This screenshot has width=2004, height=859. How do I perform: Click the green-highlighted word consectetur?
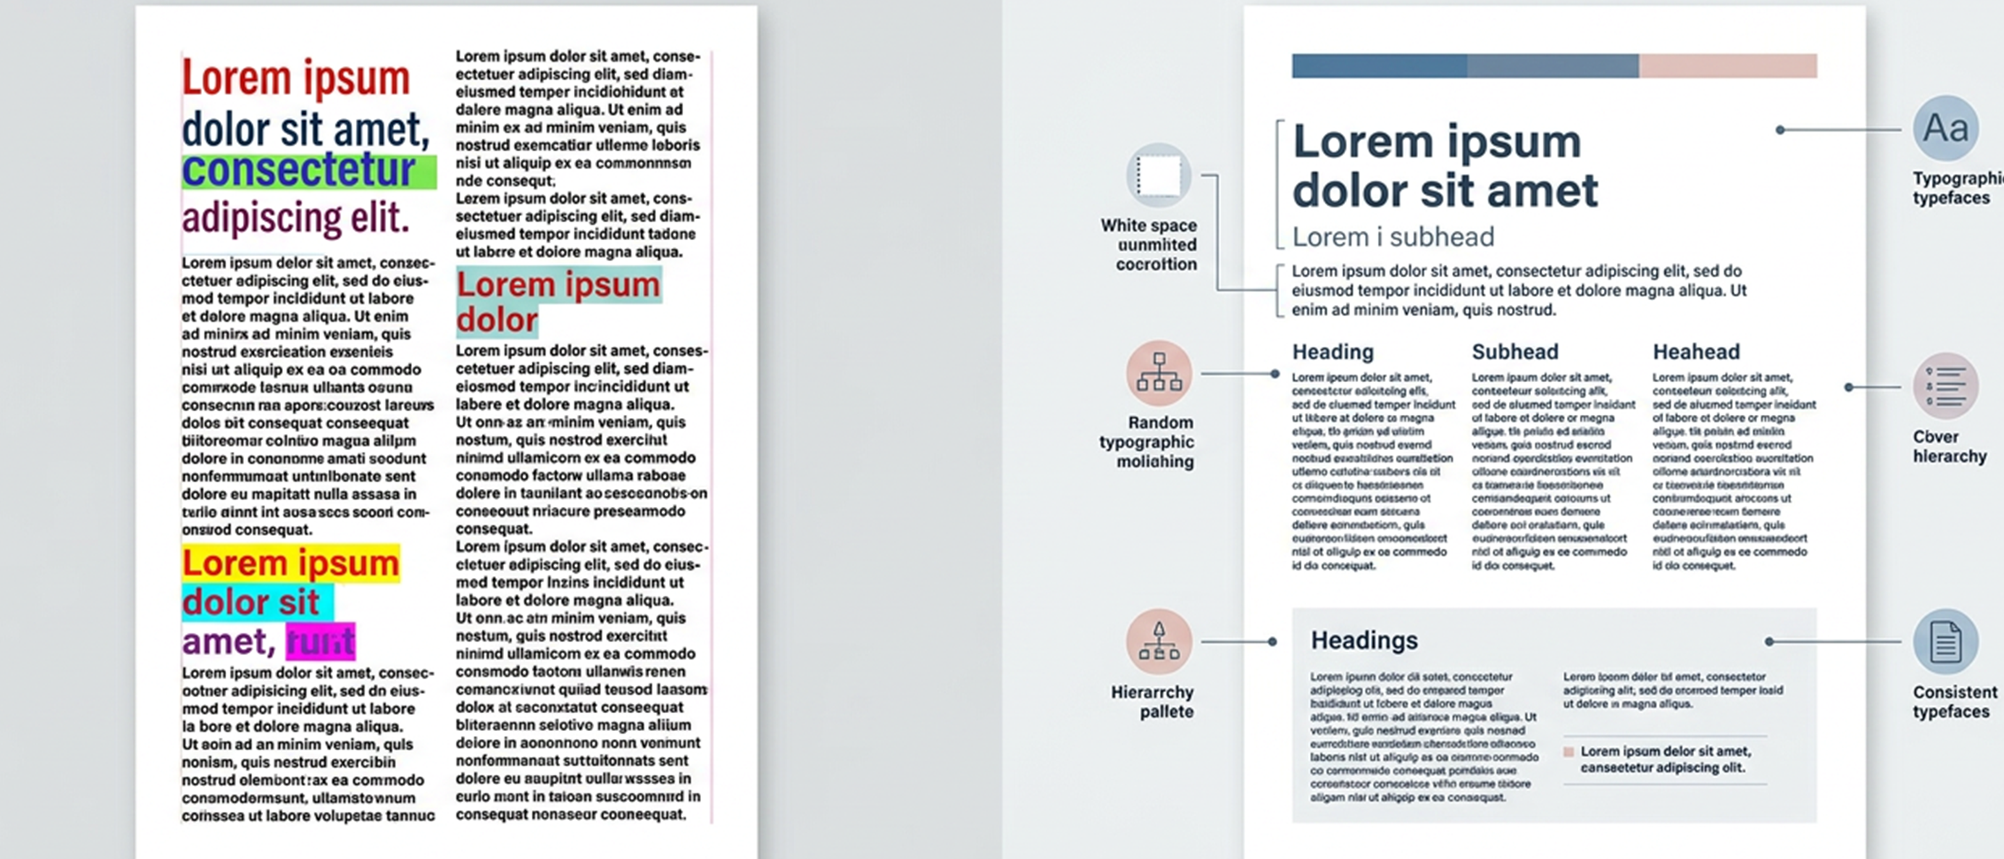click(300, 171)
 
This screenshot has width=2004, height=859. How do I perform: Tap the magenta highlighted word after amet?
click(321, 642)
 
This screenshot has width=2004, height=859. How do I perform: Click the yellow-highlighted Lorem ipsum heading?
click(290, 562)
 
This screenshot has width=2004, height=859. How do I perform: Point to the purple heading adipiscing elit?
click(296, 217)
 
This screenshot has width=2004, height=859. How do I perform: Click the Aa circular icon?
click(1945, 128)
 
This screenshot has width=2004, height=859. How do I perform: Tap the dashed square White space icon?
click(1159, 175)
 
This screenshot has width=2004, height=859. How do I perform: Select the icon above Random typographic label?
click(1159, 373)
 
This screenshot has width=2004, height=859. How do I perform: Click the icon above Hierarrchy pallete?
click(1159, 642)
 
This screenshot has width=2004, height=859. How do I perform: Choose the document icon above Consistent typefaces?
click(1945, 642)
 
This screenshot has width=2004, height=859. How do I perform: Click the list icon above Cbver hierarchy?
click(1945, 386)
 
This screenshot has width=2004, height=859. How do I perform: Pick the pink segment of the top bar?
click(1728, 65)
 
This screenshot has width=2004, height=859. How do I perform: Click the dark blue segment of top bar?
click(1379, 65)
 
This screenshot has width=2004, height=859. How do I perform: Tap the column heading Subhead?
click(1515, 352)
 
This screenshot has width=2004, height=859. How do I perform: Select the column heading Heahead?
click(1696, 352)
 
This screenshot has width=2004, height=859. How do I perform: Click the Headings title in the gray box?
click(1364, 640)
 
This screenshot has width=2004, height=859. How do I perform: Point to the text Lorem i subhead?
click(1392, 236)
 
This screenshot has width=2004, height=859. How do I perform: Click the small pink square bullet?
click(1568, 752)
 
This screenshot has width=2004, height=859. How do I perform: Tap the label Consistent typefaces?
click(1954, 702)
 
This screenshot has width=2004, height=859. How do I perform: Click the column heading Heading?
click(1332, 352)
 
